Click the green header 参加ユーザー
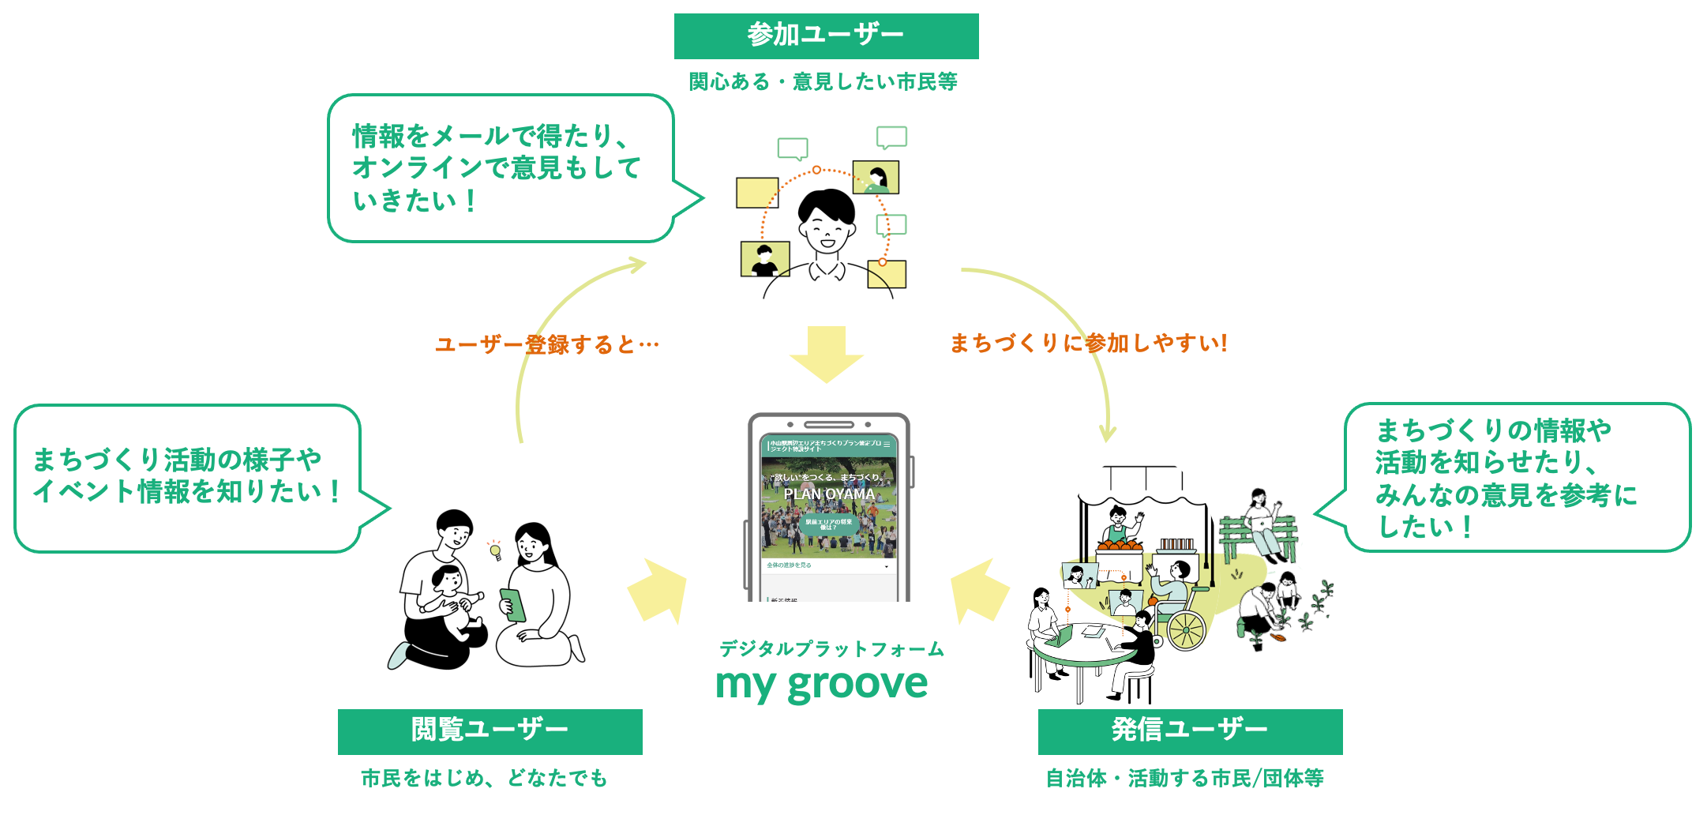[826, 36]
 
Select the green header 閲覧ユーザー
[490, 730]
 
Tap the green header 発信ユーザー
[1189, 730]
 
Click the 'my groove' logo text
[821, 684]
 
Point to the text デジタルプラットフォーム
[831, 649]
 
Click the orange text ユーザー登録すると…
[546, 345]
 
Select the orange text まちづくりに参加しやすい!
[1088, 343]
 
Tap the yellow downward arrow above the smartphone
[827, 355]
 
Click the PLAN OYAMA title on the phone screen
[829, 494]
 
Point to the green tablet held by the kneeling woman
[512, 605]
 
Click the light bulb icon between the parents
[495, 550]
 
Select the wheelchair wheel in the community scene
[1186, 631]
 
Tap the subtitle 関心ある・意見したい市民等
[823, 81]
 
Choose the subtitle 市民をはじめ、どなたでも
[484, 779]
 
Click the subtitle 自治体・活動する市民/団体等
[1184, 779]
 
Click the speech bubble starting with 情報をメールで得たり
[501, 168]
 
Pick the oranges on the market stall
[1120, 544]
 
